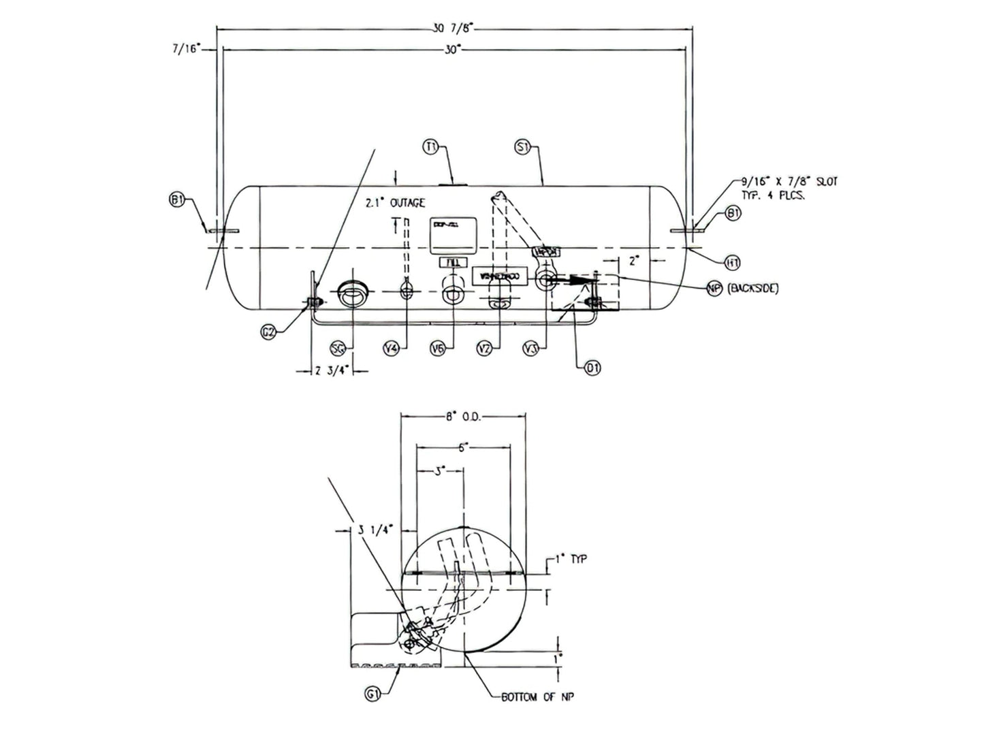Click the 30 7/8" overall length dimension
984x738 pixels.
pyautogui.click(x=452, y=28)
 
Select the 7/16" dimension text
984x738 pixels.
pyautogui.click(x=186, y=50)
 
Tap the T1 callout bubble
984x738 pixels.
pyautogui.click(x=431, y=146)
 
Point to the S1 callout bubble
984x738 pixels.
pyautogui.click(x=522, y=146)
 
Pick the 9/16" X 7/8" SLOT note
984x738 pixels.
pyautogui.click(x=789, y=188)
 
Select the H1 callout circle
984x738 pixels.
pyautogui.click(x=732, y=262)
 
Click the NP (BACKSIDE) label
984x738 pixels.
pyautogui.click(x=743, y=289)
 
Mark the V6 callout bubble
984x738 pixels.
pyautogui.click(x=439, y=349)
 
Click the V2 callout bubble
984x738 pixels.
pyautogui.click(x=484, y=349)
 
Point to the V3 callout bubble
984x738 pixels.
pyautogui.click(x=531, y=349)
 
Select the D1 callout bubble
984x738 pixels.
pyautogui.click(x=592, y=368)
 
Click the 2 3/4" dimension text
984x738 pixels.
pyautogui.click(x=332, y=371)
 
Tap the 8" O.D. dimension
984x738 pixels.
pyautogui.click(x=464, y=417)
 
